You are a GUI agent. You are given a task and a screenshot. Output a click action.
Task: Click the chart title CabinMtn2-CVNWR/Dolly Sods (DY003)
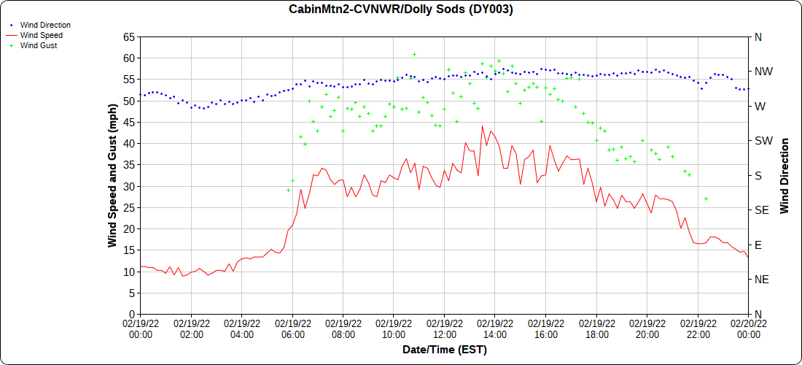coord(400,9)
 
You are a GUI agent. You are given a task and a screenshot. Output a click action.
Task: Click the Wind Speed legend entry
coord(41,35)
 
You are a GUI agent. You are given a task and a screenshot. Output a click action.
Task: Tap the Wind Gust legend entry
coord(39,45)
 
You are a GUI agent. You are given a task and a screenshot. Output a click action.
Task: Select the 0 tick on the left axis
coord(131,314)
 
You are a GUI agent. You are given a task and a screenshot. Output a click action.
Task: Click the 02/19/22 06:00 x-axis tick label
coord(292,328)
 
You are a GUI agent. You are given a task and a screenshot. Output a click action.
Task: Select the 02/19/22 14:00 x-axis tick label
coord(495,328)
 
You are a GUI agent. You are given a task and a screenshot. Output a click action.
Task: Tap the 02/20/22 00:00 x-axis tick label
coord(748,328)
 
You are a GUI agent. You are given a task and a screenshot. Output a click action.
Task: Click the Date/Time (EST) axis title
coord(444,350)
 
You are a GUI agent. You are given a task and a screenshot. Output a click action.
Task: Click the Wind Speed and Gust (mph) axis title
coord(112,175)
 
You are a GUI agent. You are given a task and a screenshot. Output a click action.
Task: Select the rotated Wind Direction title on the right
coord(785,175)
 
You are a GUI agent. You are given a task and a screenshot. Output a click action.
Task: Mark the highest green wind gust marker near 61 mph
coord(414,55)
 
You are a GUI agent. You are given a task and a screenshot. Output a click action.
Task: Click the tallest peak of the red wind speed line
coord(482,126)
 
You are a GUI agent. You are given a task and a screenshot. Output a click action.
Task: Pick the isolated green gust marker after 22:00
coord(706,199)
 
